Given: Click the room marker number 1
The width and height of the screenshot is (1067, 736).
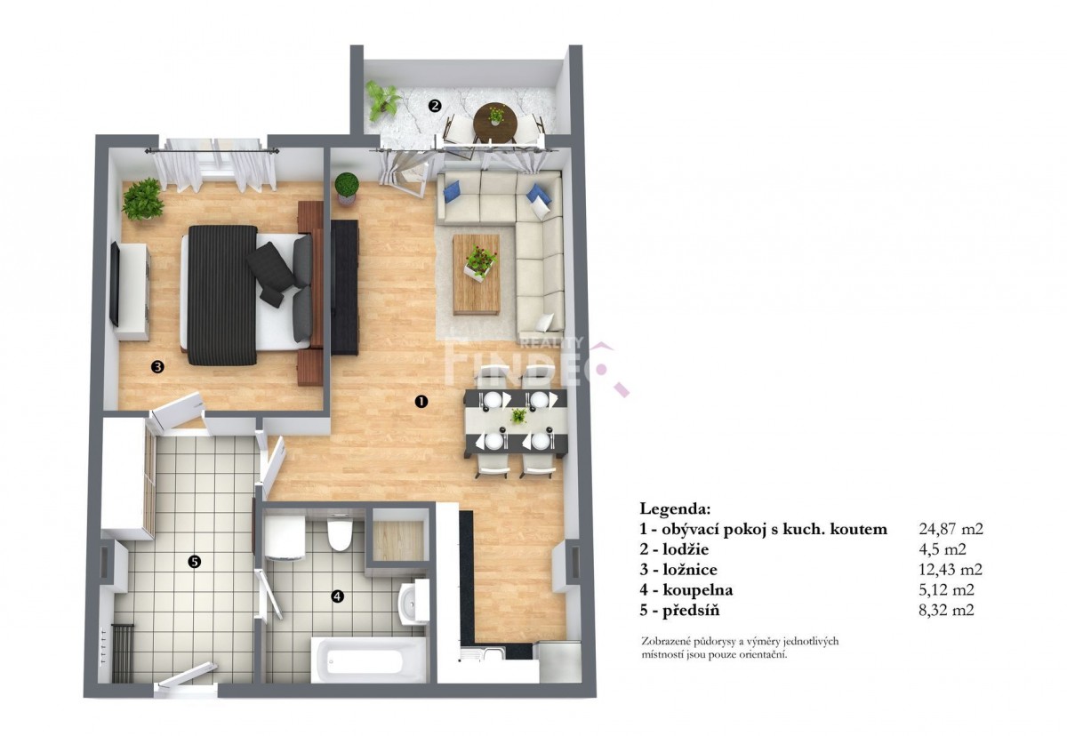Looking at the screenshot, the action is [x=421, y=402].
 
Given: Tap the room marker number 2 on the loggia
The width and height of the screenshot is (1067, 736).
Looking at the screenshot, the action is [x=434, y=105].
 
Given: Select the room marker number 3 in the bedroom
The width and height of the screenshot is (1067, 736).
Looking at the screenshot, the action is [x=157, y=366].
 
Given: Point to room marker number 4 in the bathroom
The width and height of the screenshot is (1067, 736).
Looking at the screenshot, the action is [x=337, y=596].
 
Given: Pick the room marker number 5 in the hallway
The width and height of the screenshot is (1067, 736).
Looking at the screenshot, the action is [x=195, y=562].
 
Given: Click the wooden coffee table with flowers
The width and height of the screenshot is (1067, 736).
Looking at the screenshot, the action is [x=477, y=274].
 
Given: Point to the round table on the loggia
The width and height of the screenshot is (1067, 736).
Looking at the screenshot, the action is [x=495, y=122].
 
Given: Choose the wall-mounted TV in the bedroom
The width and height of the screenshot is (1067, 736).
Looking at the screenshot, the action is [x=114, y=284].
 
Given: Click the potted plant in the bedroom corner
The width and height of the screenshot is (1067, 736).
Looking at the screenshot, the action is [x=142, y=199].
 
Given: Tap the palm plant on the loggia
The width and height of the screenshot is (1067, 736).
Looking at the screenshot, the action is [x=382, y=100].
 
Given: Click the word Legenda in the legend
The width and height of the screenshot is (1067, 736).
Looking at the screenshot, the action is [x=675, y=509].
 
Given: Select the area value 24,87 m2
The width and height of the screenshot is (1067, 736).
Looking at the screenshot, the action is [x=951, y=529].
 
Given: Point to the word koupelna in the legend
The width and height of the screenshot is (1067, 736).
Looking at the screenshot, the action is [x=697, y=590].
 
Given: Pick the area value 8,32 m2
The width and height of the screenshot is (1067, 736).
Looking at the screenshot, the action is [x=946, y=611].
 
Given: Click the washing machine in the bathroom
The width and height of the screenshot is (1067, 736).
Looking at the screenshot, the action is [x=285, y=538].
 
